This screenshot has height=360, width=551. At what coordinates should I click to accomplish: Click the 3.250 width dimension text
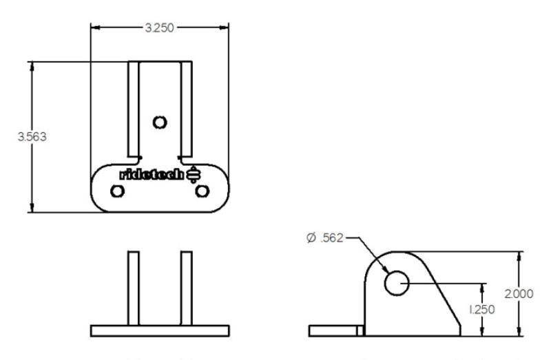pyautogui.click(x=159, y=28)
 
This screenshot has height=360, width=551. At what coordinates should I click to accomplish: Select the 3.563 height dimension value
pyautogui.click(x=32, y=136)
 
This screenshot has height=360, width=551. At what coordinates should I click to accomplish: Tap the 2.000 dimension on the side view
pyautogui.click(x=519, y=293)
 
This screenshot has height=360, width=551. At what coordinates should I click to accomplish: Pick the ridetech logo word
pyautogui.click(x=152, y=175)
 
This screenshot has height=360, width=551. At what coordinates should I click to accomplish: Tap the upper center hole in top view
pyautogui.click(x=160, y=123)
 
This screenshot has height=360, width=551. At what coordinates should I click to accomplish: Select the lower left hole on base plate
pyautogui.click(x=117, y=191)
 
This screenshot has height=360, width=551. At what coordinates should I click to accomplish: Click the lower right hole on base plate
pyautogui.click(x=201, y=191)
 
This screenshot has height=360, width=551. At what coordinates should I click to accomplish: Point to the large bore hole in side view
pyautogui.click(x=397, y=282)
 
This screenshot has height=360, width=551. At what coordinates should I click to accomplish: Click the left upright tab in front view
pyautogui.click(x=133, y=288)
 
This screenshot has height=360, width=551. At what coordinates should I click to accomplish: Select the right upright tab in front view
pyautogui.click(x=186, y=288)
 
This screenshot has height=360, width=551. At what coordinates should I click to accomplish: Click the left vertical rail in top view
pyautogui.click(x=133, y=107)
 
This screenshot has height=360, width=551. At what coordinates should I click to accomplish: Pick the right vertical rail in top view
pyautogui.click(x=186, y=107)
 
